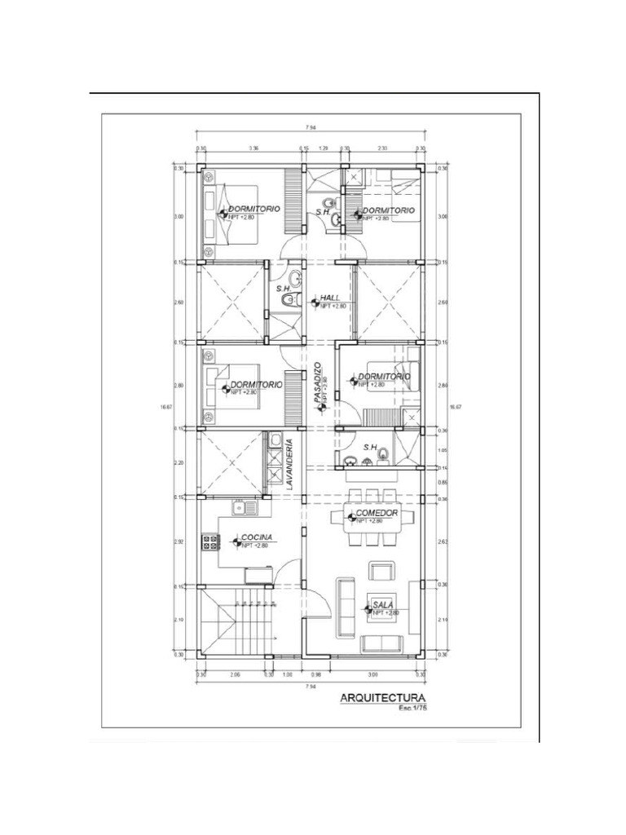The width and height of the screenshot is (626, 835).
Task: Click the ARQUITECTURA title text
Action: coord(383,698)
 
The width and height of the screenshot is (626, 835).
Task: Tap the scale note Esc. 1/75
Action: coord(413,709)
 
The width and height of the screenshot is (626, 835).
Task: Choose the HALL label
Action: coord(330,298)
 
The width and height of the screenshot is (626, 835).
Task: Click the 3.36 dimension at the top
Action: coord(253,148)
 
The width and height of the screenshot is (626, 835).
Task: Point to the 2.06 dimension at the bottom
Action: coord(235,674)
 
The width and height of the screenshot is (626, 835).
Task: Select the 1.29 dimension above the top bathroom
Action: coord(323,148)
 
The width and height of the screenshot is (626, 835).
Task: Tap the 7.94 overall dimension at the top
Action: coord(311,128)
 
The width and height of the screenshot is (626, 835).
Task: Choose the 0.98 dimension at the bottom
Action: coord(318,674)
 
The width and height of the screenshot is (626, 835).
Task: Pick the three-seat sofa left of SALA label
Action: coord(346,607)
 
